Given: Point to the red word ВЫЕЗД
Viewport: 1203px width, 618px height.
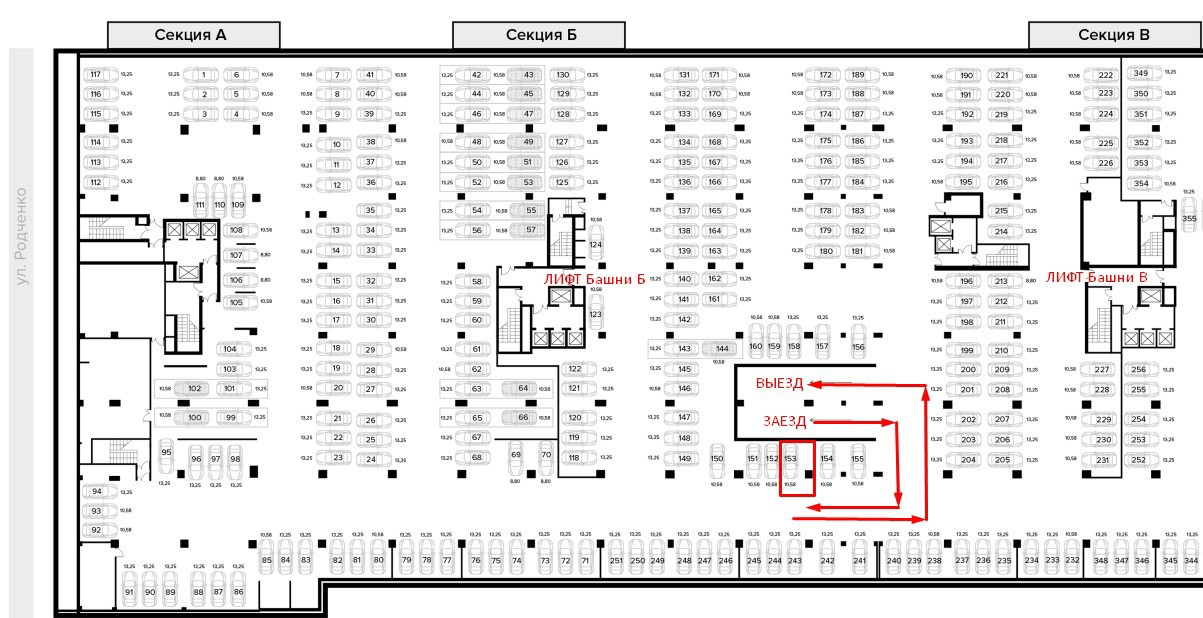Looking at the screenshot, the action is (780, 383).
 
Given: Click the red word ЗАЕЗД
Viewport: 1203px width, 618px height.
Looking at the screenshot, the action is (781, 421).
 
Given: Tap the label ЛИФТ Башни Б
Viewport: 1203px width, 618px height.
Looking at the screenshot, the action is (594, 279).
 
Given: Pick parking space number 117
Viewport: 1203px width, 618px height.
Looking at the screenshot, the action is (96, 75).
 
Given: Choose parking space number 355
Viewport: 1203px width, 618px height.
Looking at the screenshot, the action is (1189, 217).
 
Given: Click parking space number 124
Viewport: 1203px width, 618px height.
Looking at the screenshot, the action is (595, 244).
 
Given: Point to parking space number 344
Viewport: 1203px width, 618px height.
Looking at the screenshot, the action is (1190, 561).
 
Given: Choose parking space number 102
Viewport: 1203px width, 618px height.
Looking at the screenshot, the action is (195, 388).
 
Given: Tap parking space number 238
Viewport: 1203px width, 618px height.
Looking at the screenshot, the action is (934, 561).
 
